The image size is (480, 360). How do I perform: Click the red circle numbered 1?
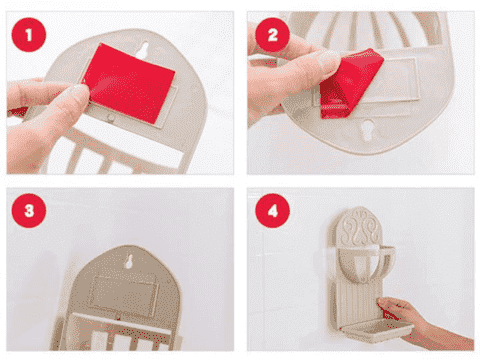(x=29, y=35)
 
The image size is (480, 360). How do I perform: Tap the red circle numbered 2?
(x=272, y=35)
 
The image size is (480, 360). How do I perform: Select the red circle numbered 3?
(x=29, y=211)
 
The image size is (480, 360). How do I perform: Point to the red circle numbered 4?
(x=272, y=211)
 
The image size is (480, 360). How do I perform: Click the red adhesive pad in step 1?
(x=129, y=83)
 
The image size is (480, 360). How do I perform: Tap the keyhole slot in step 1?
(x=144, y=50)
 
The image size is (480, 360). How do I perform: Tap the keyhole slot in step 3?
(x=129, y=261)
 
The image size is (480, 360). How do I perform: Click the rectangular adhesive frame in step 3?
(x=124, y=296)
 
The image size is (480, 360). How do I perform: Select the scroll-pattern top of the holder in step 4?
(x=361, y=227)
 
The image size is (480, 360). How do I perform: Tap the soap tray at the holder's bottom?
(x=377, y=329)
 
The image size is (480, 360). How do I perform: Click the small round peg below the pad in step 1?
(x=110, y=118)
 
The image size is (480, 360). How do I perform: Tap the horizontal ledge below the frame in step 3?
(x=124, y=323)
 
